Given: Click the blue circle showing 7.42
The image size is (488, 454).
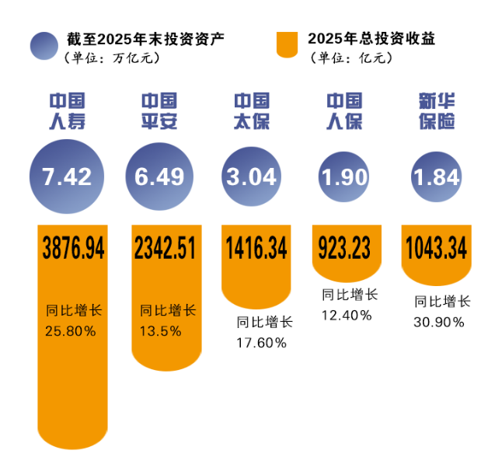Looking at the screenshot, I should pyautogui.click(x=67, y=177).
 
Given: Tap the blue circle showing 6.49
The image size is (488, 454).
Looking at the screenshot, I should pyautogui.click(x=159, y=177).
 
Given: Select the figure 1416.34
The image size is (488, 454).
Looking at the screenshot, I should pyautogui.click(x=256, y=249).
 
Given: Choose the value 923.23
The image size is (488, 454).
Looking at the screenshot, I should pyautogui.click(x=347, y=249).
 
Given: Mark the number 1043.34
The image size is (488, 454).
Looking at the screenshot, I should pyautogui.click(x=436, y=249).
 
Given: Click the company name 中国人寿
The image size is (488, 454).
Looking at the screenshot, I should pyautogui.click(x=67, y=112).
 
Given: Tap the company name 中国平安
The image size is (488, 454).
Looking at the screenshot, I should pyautogui.click(x=159, y=112).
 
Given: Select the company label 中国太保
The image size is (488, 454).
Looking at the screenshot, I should pyautogui.click(x=252, y=112).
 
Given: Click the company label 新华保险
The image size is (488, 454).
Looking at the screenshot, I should pyautogui.click(x=437, y=112).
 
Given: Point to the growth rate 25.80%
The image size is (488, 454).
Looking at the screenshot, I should pyautogui.click(x=71, y=331).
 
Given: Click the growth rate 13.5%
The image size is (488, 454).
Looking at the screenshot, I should pyautogui.click(x=161, y=331).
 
